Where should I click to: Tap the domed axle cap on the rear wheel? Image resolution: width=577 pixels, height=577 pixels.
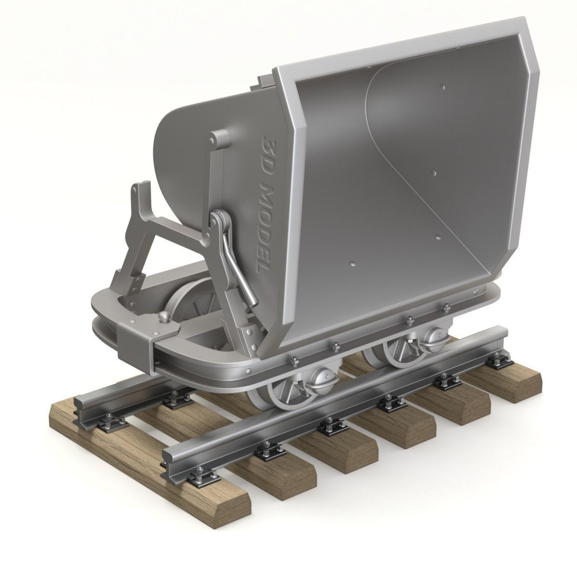(x=434, y=335)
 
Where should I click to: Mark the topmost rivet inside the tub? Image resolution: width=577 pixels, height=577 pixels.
(x=443, y=87)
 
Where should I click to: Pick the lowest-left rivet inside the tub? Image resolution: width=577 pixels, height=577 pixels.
(x=353, y=264)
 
